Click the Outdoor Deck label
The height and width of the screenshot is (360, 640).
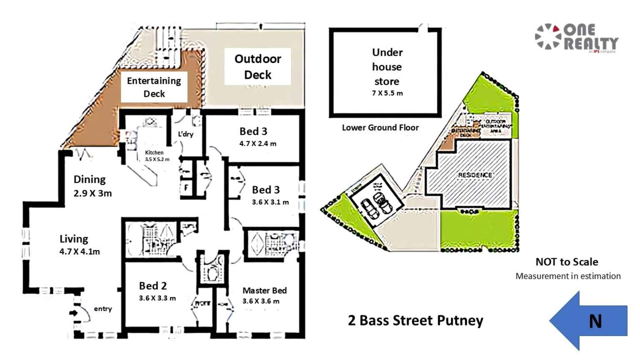(257, 67)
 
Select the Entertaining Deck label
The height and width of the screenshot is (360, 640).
(154, 87)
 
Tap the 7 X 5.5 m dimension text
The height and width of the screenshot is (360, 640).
(387, 93)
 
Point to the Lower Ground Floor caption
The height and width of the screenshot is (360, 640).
(380, 128)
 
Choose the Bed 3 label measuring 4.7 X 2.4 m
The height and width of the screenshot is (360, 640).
(253, 131)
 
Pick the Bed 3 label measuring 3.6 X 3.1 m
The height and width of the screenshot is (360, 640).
(266, 190)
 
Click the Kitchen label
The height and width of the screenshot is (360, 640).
(154, 152)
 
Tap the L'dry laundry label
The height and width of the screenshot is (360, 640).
(186, 134)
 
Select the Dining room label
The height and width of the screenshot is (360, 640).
(90, 179)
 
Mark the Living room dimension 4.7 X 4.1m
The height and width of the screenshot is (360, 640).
(80, 252)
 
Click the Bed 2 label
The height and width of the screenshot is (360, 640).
(153, 286)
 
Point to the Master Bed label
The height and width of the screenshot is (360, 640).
(265, 290)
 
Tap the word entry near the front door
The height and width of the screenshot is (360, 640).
(103, 309)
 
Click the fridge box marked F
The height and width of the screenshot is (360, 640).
(186, 188)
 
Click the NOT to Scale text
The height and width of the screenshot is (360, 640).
(567, 262)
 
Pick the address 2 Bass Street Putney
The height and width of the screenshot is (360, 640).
(416, 320)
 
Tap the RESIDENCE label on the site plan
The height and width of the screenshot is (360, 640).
(475, 175)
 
